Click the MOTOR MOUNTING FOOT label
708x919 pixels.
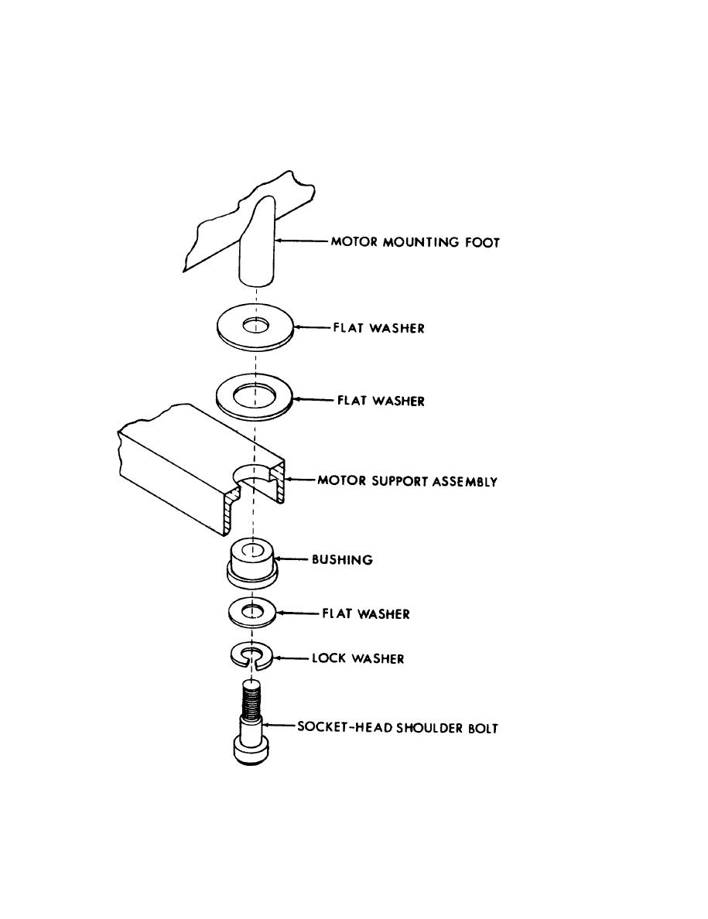coord(416,242)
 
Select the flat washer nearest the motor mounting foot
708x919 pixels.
coord(255,327)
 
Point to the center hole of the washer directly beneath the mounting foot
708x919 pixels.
coord(255,325)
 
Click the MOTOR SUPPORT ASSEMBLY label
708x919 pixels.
coord(407,481)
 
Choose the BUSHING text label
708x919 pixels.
coord(341,559)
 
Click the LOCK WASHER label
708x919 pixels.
coord(357,659)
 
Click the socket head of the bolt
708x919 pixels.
coord(249,750)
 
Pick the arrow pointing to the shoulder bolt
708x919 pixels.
coord(278,727)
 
